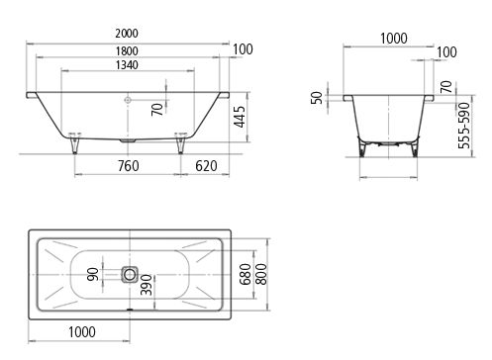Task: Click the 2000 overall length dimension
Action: pos(127,34)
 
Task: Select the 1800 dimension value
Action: pos(127,51)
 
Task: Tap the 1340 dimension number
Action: pos(127,65)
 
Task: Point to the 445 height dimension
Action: pos(240,117)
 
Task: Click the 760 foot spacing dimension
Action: pos(129,166)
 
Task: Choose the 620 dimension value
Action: pos(206,166)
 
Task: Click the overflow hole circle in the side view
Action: pos(128,100)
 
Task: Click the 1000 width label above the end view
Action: pos(394,39)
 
